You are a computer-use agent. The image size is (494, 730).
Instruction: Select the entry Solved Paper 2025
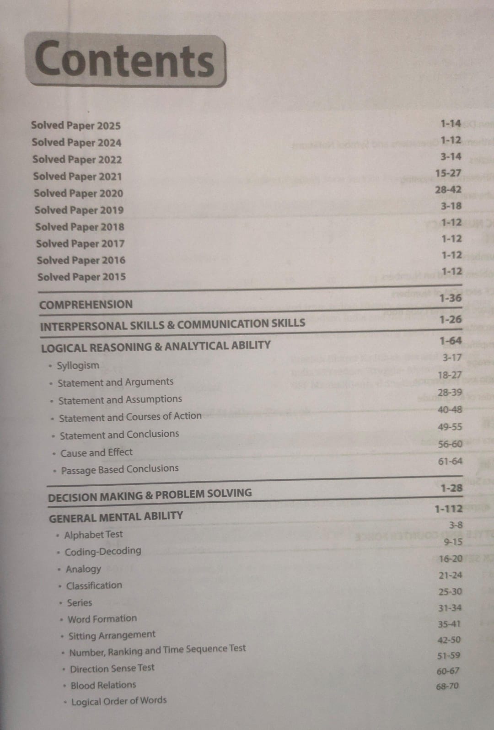[x=76, y=125]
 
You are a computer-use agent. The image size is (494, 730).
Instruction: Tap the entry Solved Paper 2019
[x=79, y=210]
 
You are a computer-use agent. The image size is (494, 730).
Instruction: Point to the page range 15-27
[x=448, y=173]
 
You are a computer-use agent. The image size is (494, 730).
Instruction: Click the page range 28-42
[x=448, y=190]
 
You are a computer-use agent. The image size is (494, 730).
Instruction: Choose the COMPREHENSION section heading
[x=86, y=305]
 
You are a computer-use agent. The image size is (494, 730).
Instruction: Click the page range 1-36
[x=451, y=298]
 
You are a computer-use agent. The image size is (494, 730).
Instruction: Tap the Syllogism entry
[x=78, y=365]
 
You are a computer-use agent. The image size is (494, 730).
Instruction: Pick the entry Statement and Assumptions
[x=120, y=400]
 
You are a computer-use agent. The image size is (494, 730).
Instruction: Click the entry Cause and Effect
[x=97, y=453]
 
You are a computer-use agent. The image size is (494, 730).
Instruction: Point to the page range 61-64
[x=450, y=462]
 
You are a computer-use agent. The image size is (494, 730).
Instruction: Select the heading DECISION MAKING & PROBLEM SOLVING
[x=150, y=495]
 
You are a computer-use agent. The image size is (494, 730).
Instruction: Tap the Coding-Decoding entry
[x=103, y=551]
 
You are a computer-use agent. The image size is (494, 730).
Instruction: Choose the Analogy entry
[x=83, y=569]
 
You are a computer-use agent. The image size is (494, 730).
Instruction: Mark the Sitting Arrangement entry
[x=112, y=635]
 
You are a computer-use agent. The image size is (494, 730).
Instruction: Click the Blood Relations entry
[x=103, y=685]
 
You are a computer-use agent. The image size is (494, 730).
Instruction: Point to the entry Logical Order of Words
[x=119, y=701]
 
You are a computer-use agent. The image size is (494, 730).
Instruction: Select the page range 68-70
[x=447, y=686]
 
